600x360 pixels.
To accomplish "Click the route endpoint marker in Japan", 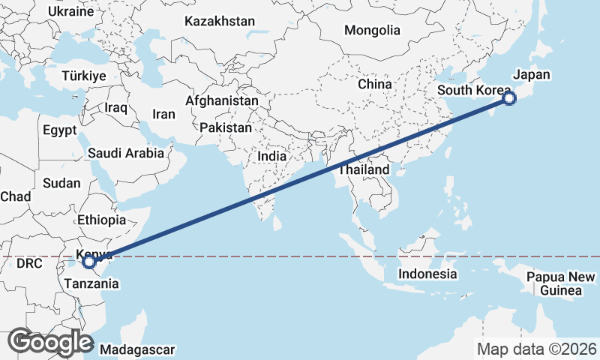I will [509, 98].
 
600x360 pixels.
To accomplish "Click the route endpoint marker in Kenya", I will [89, 262].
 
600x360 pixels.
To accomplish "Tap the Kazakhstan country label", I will [220, 22].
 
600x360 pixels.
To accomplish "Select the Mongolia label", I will [372, 31].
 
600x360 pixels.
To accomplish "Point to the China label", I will [375, 85].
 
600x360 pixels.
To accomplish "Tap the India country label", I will [272, 157].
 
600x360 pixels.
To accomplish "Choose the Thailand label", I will [364, 170].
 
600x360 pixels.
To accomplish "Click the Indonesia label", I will [427, 274].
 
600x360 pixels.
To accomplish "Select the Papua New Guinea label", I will [555, 283].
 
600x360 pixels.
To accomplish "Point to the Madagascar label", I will [137, 349].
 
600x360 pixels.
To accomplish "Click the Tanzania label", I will [91, 283].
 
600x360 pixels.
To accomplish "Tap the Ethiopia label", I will [101, 220].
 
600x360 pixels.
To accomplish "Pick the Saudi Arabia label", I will [125, 153].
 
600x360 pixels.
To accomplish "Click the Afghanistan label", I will [222, 100].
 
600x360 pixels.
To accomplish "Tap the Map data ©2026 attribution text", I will [537, 349].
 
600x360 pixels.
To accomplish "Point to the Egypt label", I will [59, 130].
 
